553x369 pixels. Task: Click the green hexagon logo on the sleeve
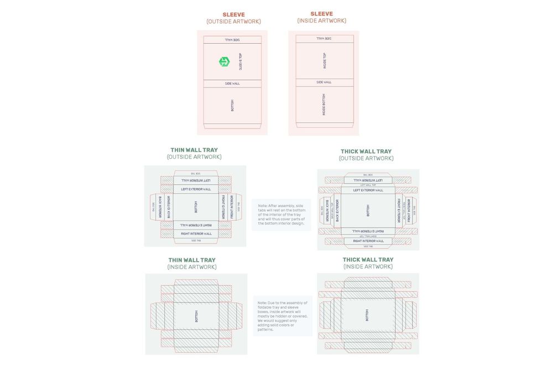click(x=224, y=61)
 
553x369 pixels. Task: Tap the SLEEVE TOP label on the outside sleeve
click(x=241, y=61)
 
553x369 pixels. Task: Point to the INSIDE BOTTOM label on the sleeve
click(x=324, y=105)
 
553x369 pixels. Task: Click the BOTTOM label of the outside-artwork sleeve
click(x=232, y=105)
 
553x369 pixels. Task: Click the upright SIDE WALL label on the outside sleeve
click(x=232, y=84)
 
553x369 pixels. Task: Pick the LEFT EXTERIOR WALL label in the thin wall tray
click(x=196, y=189)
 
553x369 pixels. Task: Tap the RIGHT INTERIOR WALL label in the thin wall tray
click(x=196, y=233)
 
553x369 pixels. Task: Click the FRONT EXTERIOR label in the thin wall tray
click(x=223, y=206)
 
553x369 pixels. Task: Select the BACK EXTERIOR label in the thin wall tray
click(x=169, y=207)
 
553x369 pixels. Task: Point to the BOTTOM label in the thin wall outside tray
click(x=196, y=207)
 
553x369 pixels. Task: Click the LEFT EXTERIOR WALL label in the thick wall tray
click(x=368, y=190)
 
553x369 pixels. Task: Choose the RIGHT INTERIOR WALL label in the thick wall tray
click(x=368, y=241)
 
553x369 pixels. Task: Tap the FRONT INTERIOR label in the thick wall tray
click(x=409, y=211)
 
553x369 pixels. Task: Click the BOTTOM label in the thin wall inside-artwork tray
click(x=196, y=316)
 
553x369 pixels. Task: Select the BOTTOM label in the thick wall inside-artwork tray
click(x=368, y=315)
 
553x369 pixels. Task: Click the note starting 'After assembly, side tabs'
click(x=281, y=215)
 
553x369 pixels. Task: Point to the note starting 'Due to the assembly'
click(x=283, y=316)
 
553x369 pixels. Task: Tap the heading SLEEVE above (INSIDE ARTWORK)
click(x=322, y=14)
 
